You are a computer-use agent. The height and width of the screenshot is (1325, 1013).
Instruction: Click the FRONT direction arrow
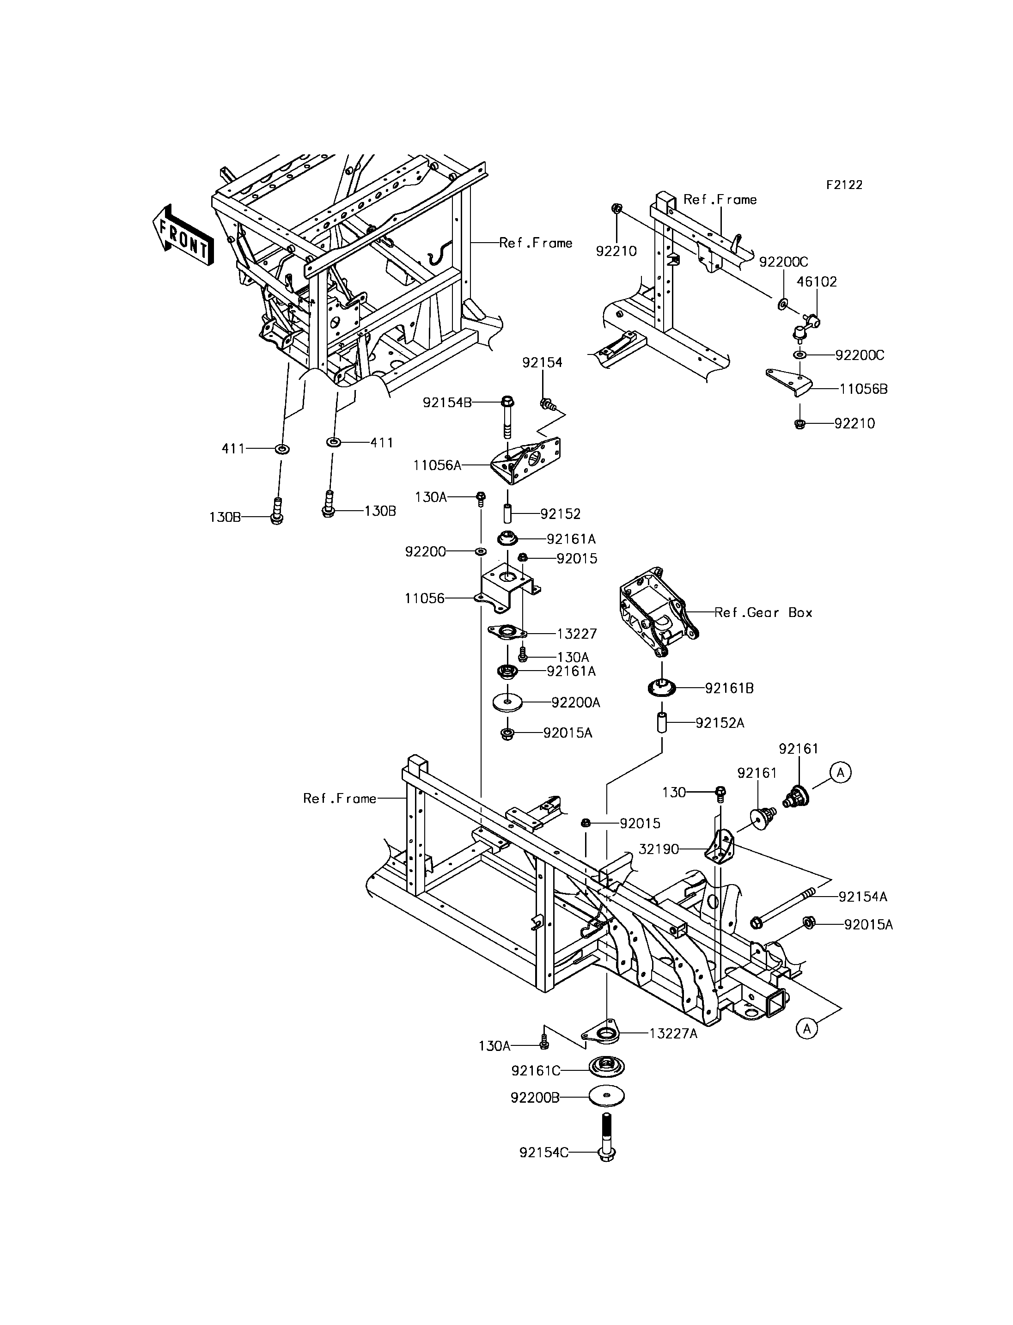point(183,235)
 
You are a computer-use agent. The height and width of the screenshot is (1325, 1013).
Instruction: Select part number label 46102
point(817,281)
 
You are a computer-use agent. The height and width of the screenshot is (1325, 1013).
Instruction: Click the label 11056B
point(863,389)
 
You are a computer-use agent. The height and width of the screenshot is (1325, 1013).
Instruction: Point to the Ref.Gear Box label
point(763,613)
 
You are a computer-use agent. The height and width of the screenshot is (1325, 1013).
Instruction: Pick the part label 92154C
point(543,1153)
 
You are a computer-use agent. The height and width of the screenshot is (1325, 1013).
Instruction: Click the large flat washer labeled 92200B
point(607,1096)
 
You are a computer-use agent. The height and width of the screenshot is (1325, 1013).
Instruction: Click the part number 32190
point(659,849)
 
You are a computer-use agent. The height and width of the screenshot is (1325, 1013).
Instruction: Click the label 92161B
point(729,688)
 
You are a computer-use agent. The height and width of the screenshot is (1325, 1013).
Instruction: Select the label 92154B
point(447,402)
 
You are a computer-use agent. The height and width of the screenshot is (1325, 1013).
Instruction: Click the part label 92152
point(560,514)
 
